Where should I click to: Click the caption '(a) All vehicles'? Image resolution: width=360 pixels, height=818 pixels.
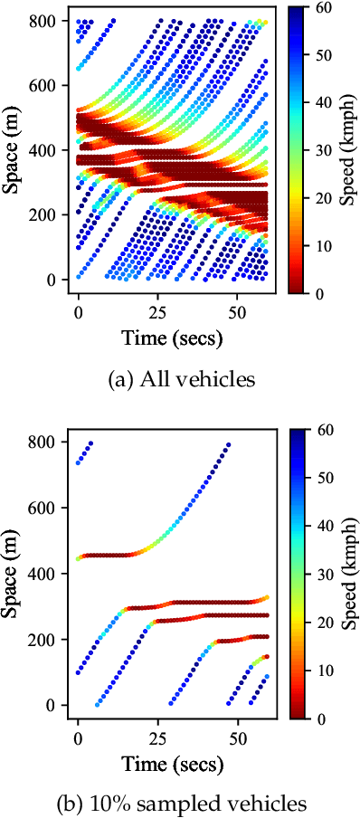pyautogui.click(x=179, y=379)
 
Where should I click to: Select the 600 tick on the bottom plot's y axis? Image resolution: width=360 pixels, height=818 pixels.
pyautogui.click(x=50, y=508)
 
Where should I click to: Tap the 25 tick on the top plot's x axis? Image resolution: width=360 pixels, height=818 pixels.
pyautogui.click(x=158, y=308)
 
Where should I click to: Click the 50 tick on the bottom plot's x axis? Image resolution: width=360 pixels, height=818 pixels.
pyautogui.click(x=237, y=732)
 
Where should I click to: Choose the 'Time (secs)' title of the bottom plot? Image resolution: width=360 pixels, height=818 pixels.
pyautogui.click(x=172, y=762)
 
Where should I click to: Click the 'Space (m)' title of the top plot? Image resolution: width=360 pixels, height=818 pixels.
pyautogui.click(x=15, y=149)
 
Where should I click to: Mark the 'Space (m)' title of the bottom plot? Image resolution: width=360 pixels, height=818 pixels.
pyautogui.click(x=15, y=574)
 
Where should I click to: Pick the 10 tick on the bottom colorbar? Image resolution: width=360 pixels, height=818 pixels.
pyautogui.click(x=323, y=671)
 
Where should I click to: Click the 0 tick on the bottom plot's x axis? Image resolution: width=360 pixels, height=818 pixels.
pyautogui.click(x=79, y=732)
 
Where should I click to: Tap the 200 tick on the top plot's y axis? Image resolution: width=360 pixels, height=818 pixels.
pyautogui.click(x=50, y=214)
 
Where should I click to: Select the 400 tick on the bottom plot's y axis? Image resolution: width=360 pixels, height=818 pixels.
pyautogui.click(x=50, y=574)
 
